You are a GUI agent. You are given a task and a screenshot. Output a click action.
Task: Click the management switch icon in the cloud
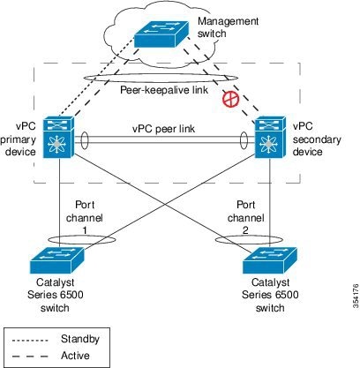(x=161, y=34)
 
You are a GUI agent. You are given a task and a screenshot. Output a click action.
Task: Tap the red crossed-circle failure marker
(x=230, y=99)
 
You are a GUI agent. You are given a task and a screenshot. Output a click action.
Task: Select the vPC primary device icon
(x=58, y=137)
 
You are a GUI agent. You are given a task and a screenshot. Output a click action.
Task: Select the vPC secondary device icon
(x=270, y=137)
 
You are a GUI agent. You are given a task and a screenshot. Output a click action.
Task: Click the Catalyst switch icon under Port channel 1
(x=57, y=260)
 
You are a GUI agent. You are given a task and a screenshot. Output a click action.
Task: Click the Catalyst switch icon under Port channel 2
(x=270, y=260)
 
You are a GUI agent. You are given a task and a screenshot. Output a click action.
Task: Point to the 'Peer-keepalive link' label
(x=164, y=89)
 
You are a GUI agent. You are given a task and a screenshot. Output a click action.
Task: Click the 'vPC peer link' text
(x=163, y=129)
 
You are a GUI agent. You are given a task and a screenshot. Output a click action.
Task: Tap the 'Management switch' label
(x=228, y=27)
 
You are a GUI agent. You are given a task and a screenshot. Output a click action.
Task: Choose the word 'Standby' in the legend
(x=80, y=339)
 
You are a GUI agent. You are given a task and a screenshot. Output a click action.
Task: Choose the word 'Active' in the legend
(x=75, y=356)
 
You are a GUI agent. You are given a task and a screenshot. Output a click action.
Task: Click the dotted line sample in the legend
(x=30, y=341)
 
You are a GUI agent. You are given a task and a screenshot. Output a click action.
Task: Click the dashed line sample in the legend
(x=30, y=357)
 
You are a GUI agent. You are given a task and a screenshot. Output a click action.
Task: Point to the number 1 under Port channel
(x=85, y=230)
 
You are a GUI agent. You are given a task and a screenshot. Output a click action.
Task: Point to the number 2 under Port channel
(x=245, y=230)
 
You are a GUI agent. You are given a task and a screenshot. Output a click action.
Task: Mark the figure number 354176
(x=356, y=296)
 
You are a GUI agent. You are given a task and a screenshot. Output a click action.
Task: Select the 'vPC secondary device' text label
(x=317, y=139)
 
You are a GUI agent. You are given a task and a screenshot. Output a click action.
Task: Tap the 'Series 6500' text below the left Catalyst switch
(x=56, y=295)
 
